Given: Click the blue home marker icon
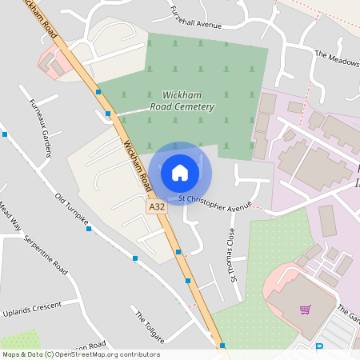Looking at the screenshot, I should point(180,172).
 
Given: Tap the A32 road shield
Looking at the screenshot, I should point(156,206).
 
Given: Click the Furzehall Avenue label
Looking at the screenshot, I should point(196,19).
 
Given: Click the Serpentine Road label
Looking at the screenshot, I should point(45,254).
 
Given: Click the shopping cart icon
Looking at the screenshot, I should point(304,310).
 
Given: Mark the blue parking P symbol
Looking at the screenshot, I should point(318,348).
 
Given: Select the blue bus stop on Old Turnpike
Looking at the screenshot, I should point(89,229).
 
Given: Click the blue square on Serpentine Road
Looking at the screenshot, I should point(135,258).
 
